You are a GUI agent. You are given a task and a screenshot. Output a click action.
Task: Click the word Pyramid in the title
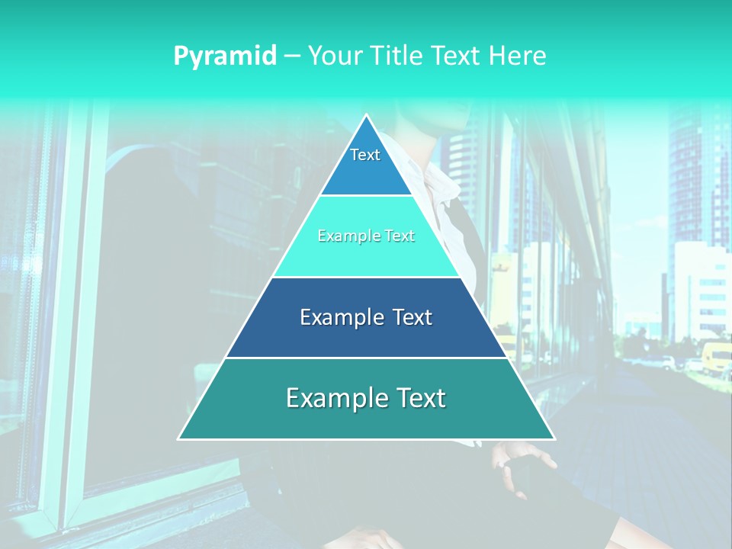tap(225, 56)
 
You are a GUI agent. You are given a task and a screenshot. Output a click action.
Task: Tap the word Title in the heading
tap(399, 56)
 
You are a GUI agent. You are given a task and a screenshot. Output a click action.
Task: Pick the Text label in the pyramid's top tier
tap(365, 155)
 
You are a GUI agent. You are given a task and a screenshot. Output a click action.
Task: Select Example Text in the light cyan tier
tap(366, 236)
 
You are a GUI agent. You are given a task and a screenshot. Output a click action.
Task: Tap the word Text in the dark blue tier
tap(413, 317)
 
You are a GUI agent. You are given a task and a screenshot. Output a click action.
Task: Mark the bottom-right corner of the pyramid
tap(554, 438)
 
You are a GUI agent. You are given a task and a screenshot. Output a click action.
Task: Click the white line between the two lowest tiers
tap(366, 358)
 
